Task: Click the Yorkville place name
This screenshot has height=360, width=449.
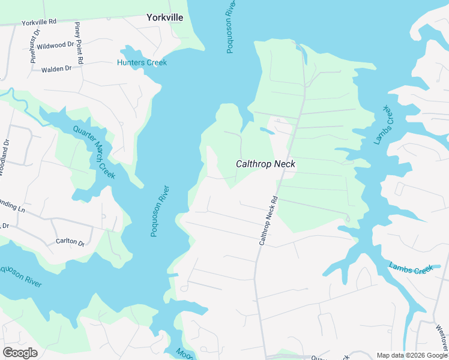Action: tap(164, 18)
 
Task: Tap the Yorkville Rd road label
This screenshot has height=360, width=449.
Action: tap(38, 22)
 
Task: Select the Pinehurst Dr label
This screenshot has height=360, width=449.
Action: tap(35, 46)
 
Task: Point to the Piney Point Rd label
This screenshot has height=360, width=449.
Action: tap(78, 43)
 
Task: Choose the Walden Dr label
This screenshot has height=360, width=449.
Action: tap(56, 69)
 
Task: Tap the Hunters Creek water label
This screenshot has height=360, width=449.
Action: tap(142, 62)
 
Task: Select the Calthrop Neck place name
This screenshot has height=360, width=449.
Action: tap(265, 163)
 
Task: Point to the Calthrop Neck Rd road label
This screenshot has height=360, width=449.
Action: tap(268, 220)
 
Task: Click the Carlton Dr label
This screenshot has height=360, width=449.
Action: tap(70, 241)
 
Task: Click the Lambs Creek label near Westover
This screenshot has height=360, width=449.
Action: tap(411, 268)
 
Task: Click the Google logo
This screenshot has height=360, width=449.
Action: tap(19, 353)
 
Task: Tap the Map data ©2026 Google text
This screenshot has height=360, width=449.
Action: tap(412, 355)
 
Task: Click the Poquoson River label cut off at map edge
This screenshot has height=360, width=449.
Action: tap(21, 274)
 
